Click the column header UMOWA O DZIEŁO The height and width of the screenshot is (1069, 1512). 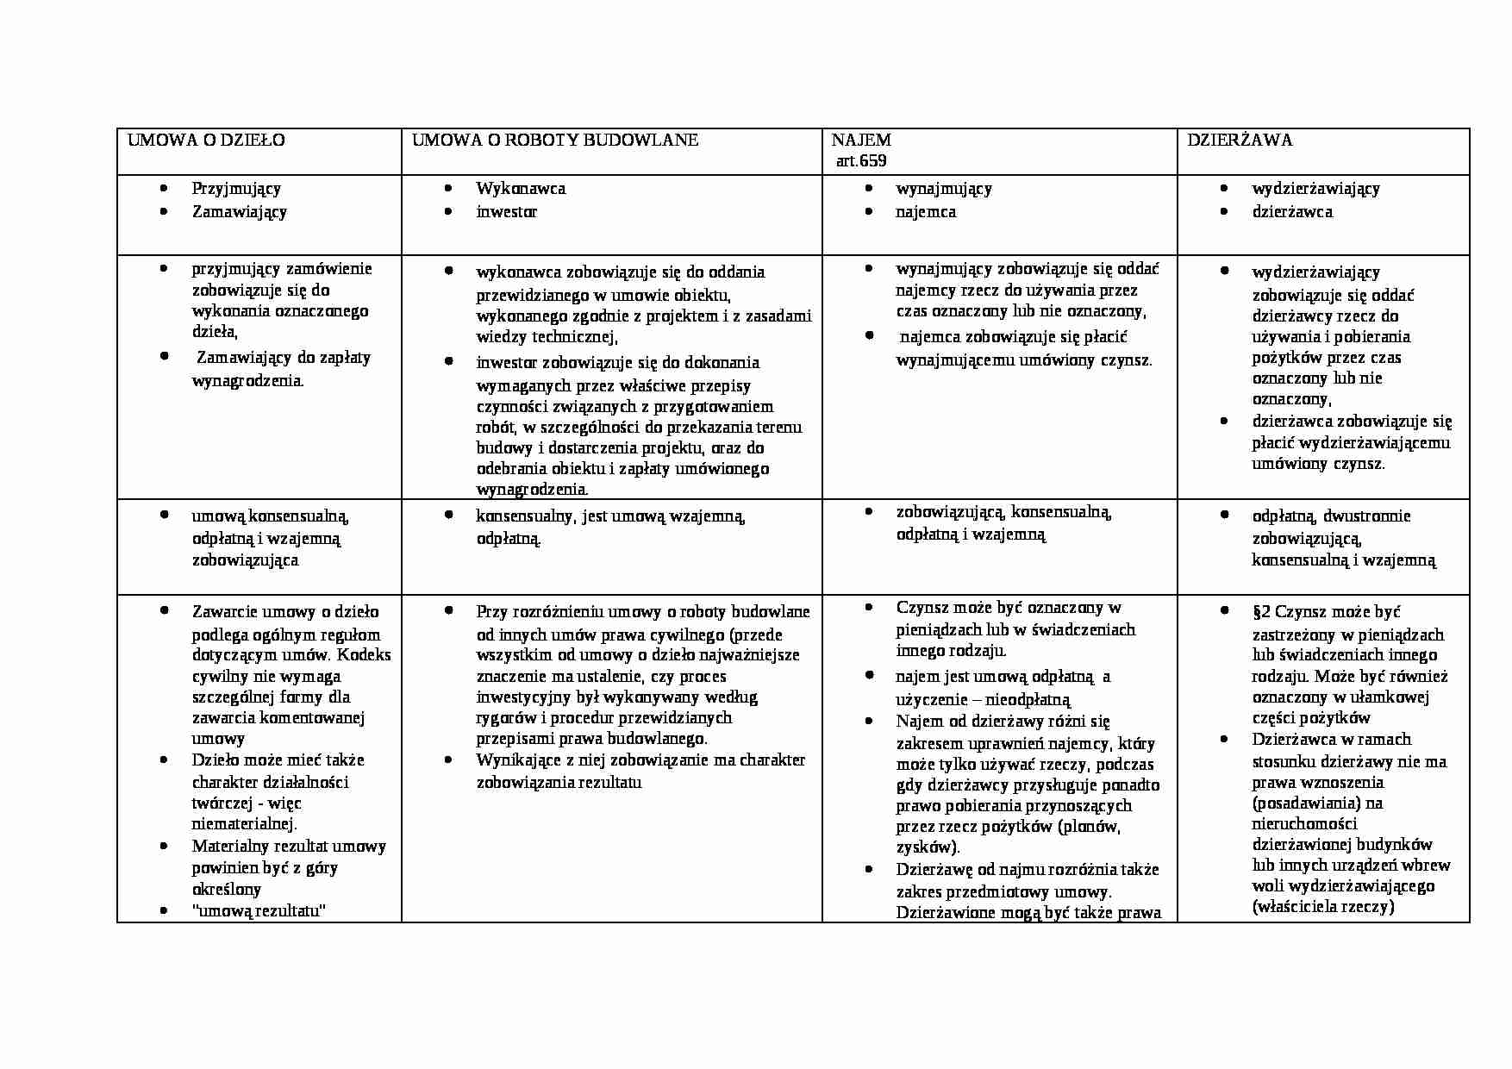pyautogui.click(x=206, y=141)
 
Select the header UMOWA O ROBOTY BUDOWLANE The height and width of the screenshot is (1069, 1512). pyautogui.click(x=555, y=141)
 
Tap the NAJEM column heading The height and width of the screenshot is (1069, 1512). pyautogui.click(x=861, y=141)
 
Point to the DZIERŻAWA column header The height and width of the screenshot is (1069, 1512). pyautogui.click(x=1240, y=141)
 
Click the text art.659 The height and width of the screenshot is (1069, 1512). pyautogui.click(x=861, y=161)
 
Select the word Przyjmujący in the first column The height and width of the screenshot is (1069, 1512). pyautogui.click(x=236, y=189)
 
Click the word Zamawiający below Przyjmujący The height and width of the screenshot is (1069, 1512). pyautogui.click(x=240, y=212)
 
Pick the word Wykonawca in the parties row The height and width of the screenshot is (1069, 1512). pyautogui.click(x=521, y=189)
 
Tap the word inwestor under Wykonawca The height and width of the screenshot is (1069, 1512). pyautogui.click(x=506, y=212)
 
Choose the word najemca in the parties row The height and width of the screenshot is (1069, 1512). pyautogui.click(x=926, y=212)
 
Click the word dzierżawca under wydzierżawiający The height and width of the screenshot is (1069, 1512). pyautogui.click(x=1292, y=212)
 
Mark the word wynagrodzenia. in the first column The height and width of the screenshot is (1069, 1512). pyautogui.click(x=248, y=381)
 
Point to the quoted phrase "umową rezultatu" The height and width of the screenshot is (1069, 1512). pyautogui.click(x=259, y=911)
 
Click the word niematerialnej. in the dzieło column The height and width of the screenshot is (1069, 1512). pyautogui.click(x=245, y=824)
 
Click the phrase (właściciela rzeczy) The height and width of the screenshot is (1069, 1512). pyautogui.click(x=1323, y=907)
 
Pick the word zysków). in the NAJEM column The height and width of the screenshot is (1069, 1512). pyautogui.click(x=928, y=847)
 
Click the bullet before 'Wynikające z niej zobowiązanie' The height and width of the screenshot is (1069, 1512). pyautogui.click(x=448, y=760)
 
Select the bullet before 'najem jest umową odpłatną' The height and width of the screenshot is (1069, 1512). pyautogui.click(x=869, y=675)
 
